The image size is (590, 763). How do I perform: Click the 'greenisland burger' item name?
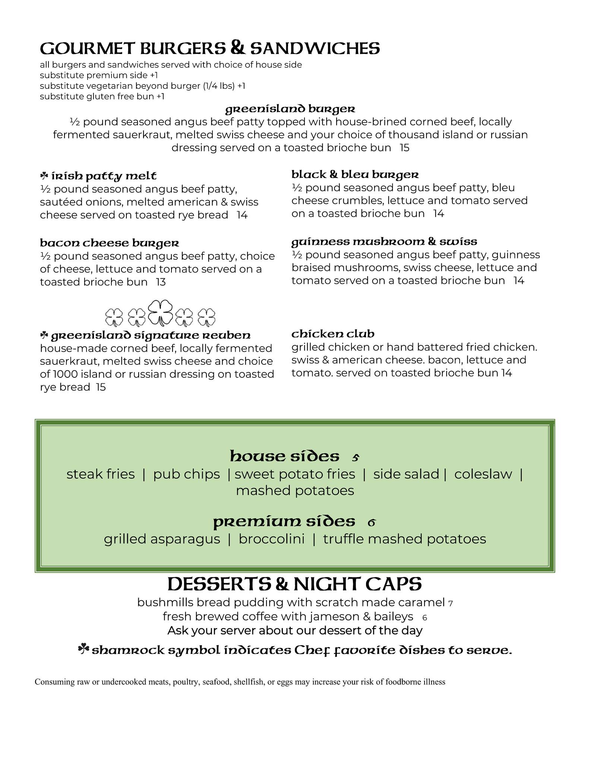click(x=290, y=109)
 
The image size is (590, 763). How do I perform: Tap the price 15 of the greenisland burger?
click(x=404, y=148)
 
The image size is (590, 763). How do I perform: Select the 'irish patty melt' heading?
click(x=104, y=176)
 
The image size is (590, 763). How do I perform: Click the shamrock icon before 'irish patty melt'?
click(x=44, y=175)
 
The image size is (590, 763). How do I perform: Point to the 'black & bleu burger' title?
click(x=355, y=174)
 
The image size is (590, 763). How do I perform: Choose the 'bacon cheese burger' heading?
click(x=109, y=243)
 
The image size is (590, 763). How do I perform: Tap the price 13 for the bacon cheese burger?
click(x=161, y=282)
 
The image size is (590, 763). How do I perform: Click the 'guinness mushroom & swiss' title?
click(x=384, y=241)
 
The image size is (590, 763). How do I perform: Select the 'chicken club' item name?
click(x=332, y=333)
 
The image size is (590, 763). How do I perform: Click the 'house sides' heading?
click(x=285, y=456)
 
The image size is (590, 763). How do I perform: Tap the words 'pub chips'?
click(x=186, y=474)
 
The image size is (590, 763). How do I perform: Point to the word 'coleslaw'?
click(x=483, y=474)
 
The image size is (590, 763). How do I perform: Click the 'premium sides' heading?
click(x=284, y=522)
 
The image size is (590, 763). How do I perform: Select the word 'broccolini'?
click(x=271, y=539)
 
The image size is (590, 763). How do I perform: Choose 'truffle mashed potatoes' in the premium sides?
click(x=404, y=539)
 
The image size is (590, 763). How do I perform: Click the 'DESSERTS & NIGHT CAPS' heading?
click(x=294, y=584)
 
